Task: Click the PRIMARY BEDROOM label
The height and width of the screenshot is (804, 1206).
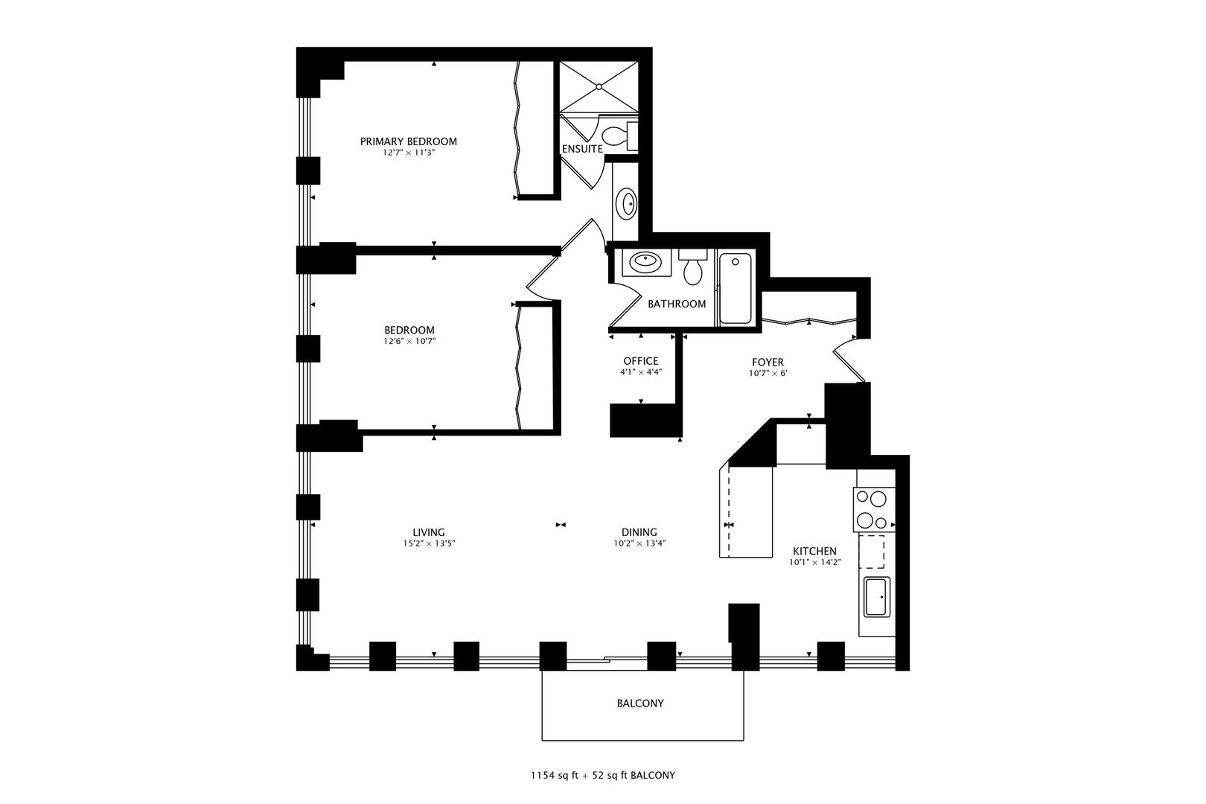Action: click(408, 141)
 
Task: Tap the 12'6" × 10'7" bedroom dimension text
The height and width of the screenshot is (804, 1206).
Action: click(409, 342)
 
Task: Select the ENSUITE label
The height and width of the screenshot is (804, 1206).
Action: click(581, 149)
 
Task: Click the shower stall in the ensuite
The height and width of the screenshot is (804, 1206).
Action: click(599, 87)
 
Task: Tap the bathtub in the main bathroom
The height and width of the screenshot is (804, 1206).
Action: click(735, 289)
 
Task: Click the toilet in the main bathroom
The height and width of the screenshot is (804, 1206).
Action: click(693, 269)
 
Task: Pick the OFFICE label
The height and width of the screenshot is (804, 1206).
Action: click(640, 361)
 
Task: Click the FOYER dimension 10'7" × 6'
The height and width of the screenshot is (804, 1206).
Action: click(768, 374)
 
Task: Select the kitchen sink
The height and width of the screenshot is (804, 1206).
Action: click(876, 596)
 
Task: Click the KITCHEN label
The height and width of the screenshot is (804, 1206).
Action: click(814, 552)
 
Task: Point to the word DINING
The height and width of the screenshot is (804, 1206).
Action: click(639, 532)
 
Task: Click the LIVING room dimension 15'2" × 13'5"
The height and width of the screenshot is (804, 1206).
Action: click(428, 543)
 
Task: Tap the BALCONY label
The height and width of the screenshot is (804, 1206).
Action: click(640, 703)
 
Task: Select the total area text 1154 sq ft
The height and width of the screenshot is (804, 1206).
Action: click(558, 775)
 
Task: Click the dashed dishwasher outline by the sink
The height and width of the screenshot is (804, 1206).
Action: click(872, 552)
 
